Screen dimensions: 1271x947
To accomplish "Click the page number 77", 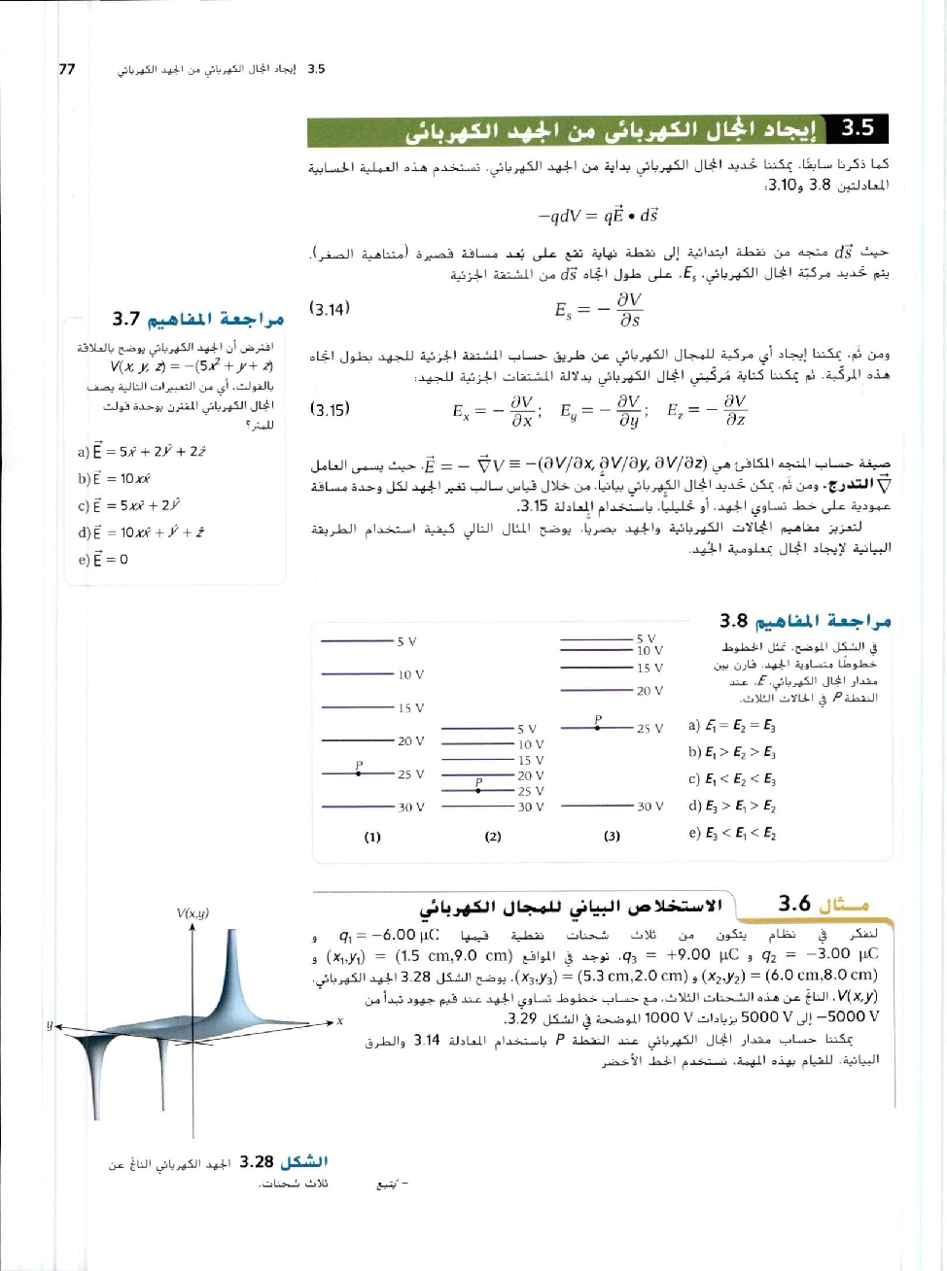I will pos(67,69).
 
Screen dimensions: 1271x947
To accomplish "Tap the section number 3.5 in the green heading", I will pos(857,128).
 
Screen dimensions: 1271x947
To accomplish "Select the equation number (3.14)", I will pos(329,309).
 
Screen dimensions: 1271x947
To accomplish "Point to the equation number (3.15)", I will pos(329,409).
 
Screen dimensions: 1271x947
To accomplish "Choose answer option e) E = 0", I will pos(102,560).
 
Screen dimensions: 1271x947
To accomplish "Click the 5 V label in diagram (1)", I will pos(406,641).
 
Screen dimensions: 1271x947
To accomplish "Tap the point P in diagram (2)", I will pos(478,789).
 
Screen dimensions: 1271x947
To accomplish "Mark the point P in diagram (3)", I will pos(598,726).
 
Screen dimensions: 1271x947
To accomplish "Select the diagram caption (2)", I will pos(492,837).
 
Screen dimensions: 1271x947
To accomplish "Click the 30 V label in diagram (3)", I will pos(649,807).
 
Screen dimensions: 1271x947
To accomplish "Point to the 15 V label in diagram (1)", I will pos(410,707).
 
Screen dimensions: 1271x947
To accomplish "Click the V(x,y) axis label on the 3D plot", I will pos(193,913).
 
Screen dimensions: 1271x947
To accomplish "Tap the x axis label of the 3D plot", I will pos(340,1020).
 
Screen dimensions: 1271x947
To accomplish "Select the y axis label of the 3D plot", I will pos(48,1026).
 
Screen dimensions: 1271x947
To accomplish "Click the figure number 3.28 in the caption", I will pos(257,1161).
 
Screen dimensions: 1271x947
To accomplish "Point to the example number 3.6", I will pos(794,904).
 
